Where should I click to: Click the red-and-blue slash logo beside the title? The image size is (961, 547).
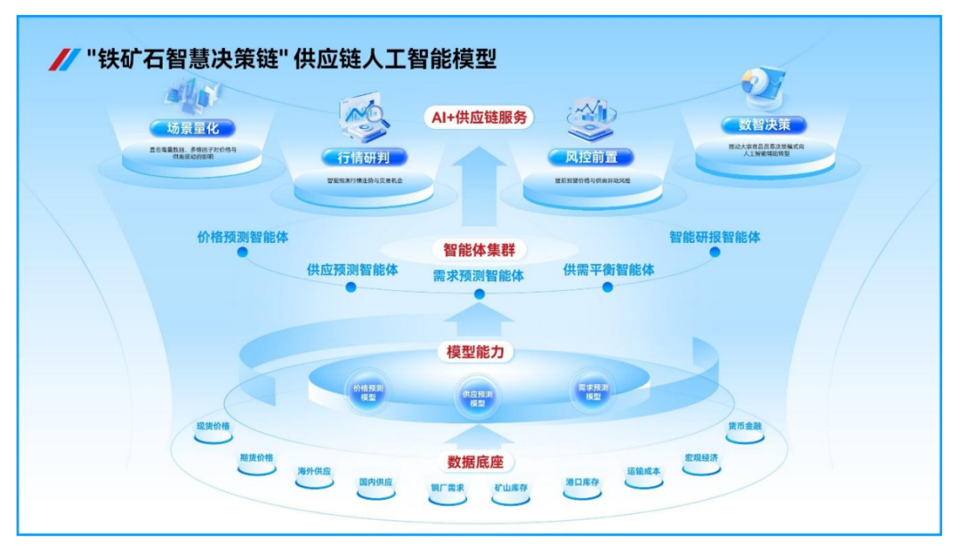[64, 60]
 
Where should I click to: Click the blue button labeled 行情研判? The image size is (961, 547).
[365, 158]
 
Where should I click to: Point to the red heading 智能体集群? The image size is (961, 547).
[480, 250]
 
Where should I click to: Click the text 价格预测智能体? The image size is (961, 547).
[243, 237]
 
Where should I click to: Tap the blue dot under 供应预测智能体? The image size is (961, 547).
[351, 287]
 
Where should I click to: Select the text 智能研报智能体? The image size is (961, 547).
[715, 237]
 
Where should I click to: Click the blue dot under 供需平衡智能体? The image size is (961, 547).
[608, 287]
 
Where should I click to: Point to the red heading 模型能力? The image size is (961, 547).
[475, 351]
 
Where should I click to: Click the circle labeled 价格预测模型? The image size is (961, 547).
[368, 393]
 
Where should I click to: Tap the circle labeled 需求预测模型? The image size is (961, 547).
[593, 392]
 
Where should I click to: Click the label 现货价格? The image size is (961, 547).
[214, 426]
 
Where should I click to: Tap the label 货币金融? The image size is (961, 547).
[745, 426]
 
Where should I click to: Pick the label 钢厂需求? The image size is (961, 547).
[448, 487]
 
